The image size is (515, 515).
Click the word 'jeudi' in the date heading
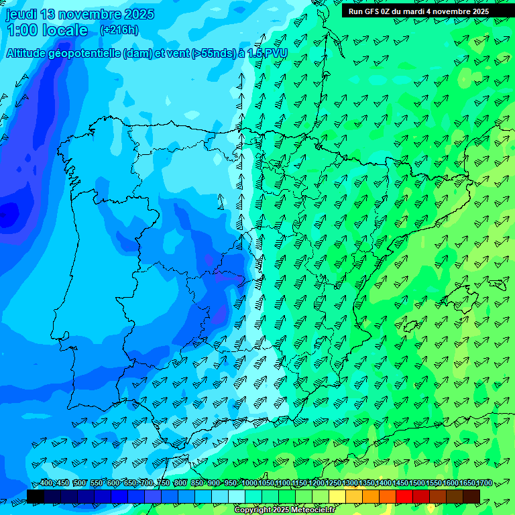21,14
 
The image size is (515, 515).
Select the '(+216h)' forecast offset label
119,30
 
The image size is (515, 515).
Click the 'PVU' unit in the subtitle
276,53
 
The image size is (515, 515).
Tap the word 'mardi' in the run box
418,11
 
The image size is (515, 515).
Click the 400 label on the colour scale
46,483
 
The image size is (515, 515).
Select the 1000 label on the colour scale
249,483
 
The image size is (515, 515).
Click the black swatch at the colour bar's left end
36,496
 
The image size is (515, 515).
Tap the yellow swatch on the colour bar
337,496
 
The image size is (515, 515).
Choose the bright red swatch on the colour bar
404,496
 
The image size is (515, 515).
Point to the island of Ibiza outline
410,326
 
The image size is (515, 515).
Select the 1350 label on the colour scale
367,483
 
